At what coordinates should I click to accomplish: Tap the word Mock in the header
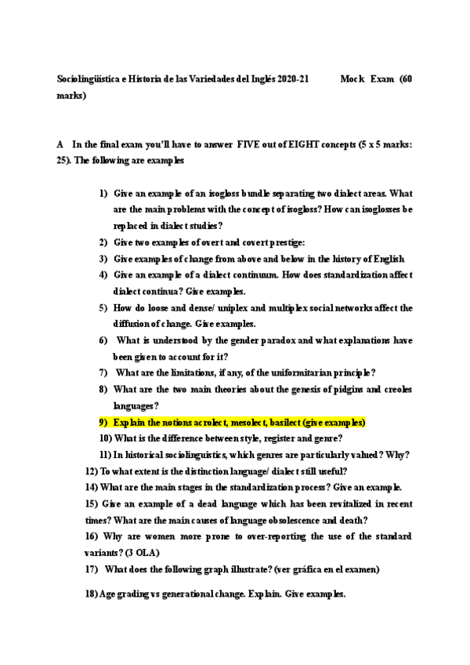coord(353,79)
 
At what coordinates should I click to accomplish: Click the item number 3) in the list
coord(103,259)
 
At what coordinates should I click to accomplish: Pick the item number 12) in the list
coord(91,471)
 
